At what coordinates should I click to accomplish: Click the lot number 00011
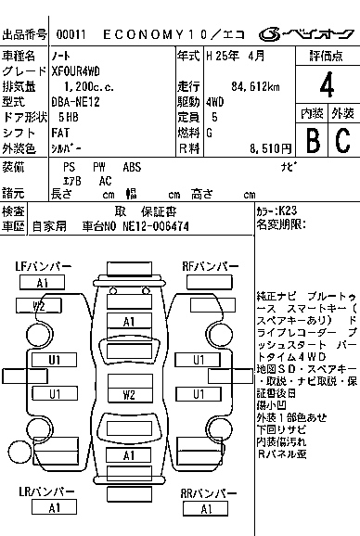click(x=71, y=34)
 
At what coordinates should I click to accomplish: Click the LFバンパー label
click(x=43, y=267)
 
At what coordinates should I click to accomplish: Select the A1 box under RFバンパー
click(x=213, y=284)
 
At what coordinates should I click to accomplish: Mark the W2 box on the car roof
click(x=129, y=394)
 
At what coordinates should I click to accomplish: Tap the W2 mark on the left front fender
click(x=41, y=305)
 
